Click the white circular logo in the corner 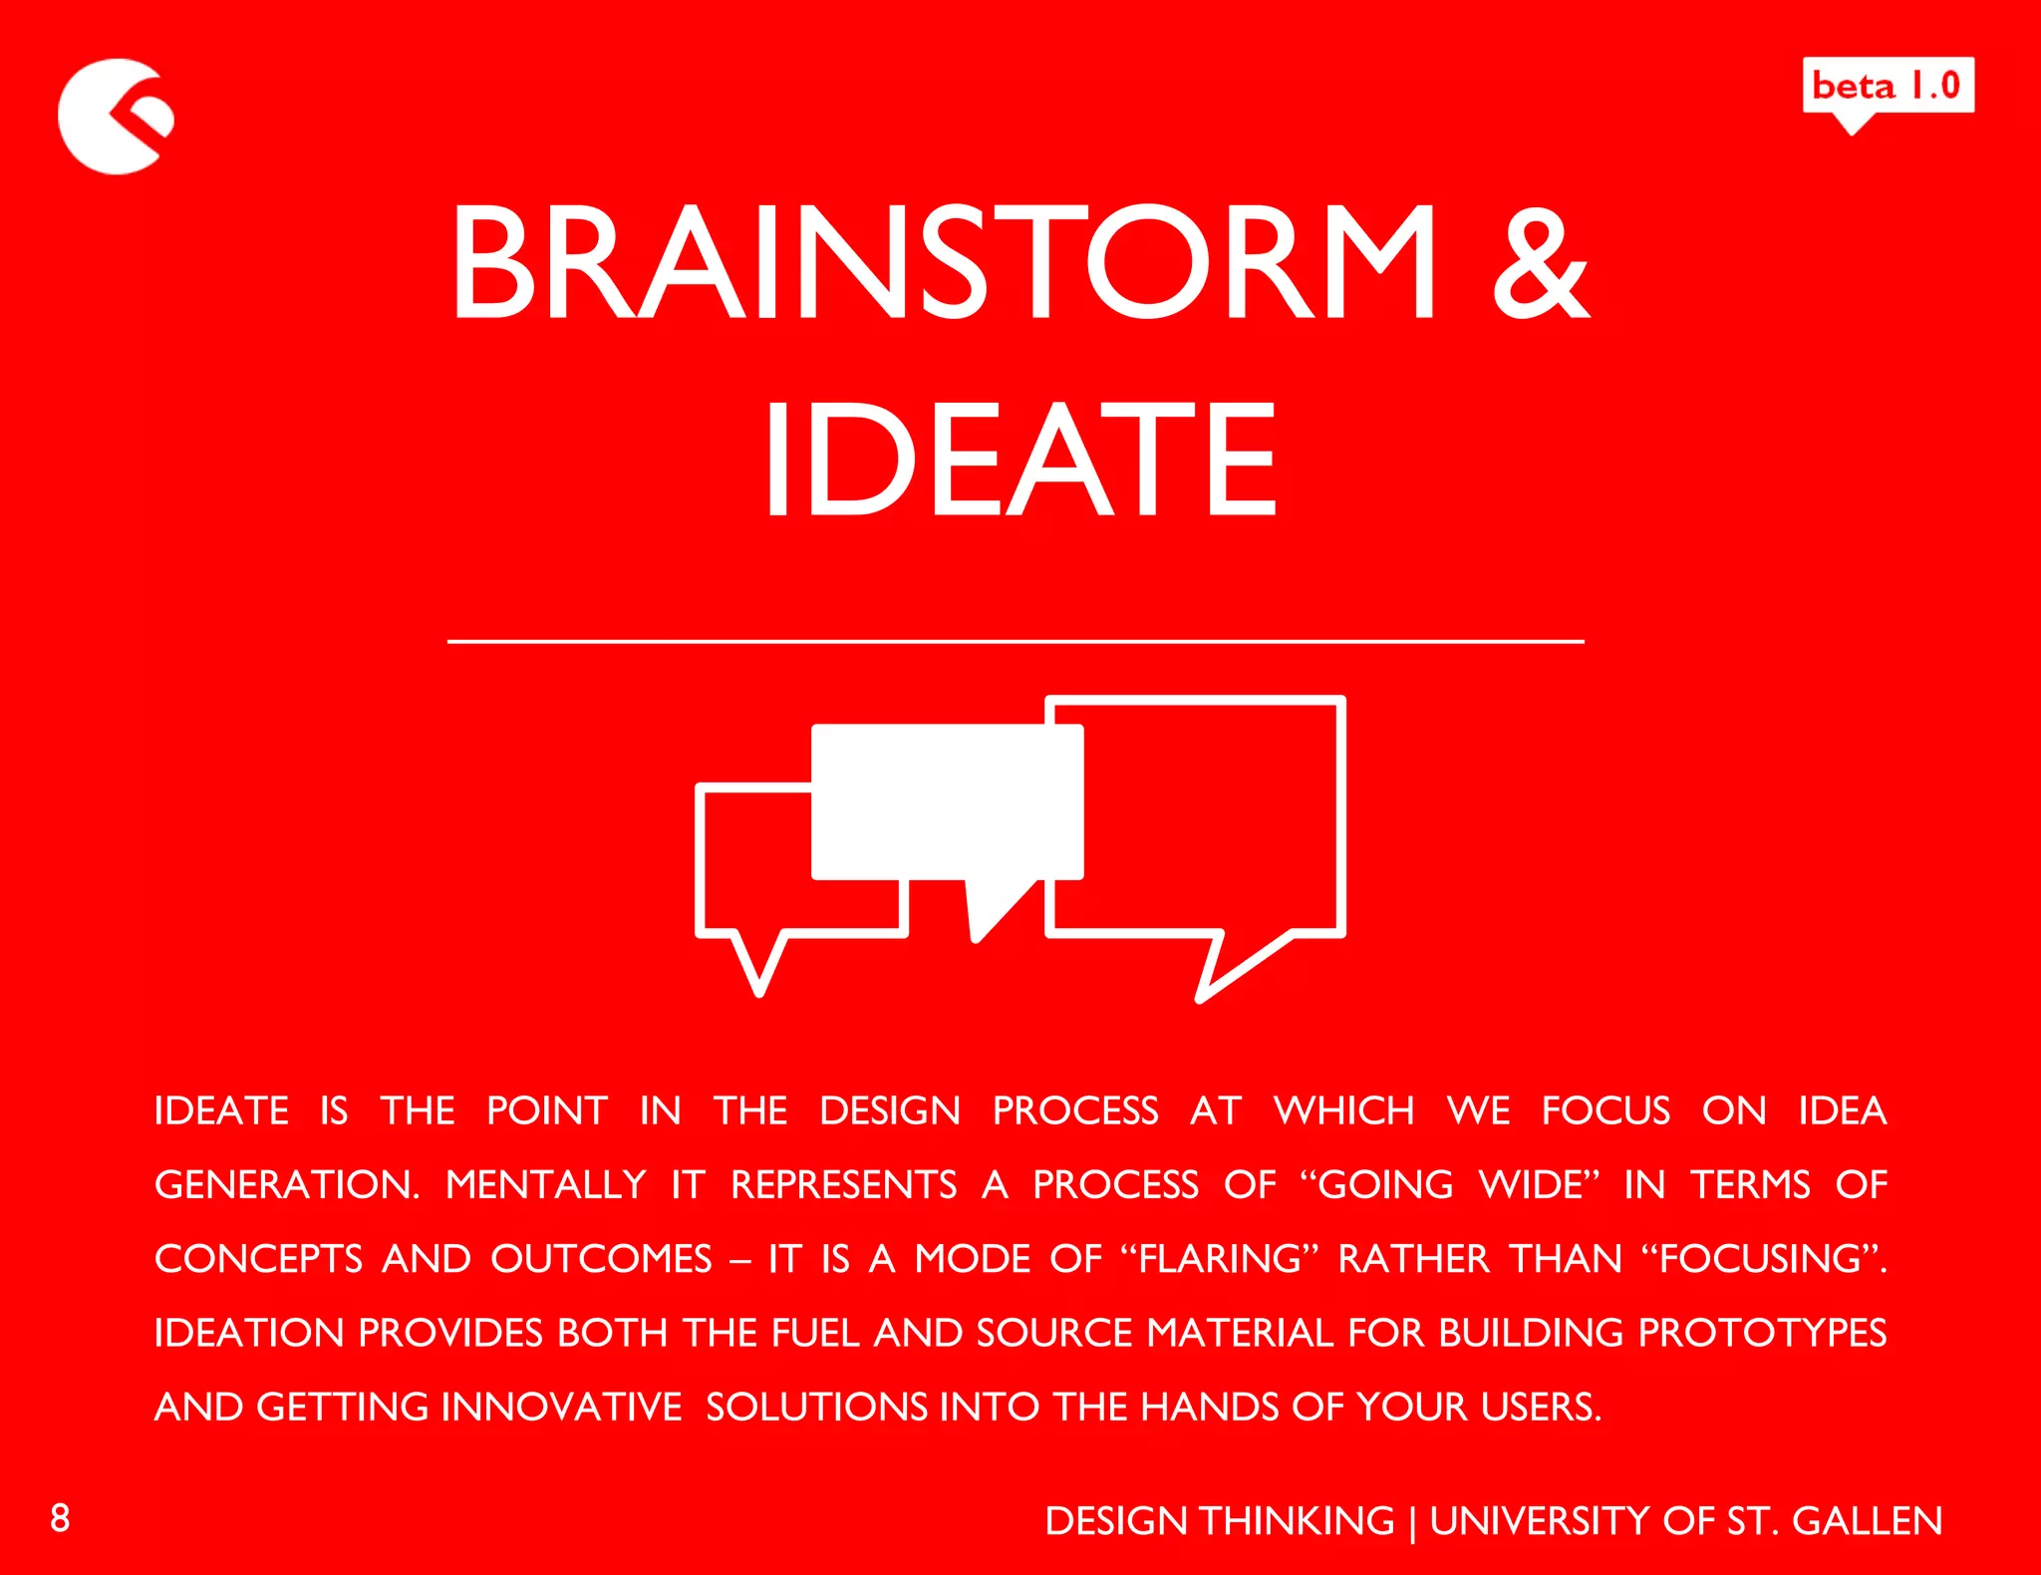click(x=112, y=117)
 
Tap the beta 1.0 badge click(x=1888, y=87)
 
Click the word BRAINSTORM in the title click(x=943, y=262)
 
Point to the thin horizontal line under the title click(x=1015, y=642)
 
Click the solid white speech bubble click(x=947, y=802)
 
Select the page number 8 click(x=60, y=1517)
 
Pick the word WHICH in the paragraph click(x=1343, y=1110)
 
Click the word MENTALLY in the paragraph click(x=546, y=1184)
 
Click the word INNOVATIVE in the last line click(x=561, y=1407)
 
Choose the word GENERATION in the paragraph click(x=287, y=1184)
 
